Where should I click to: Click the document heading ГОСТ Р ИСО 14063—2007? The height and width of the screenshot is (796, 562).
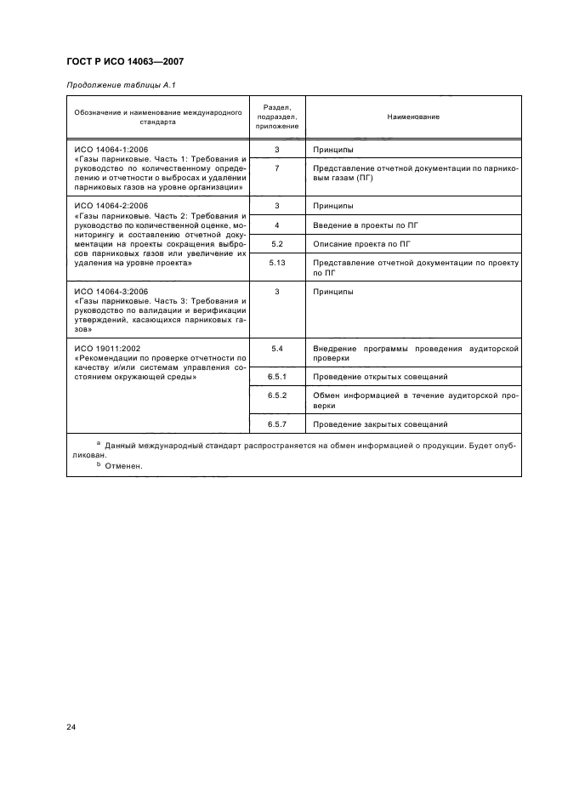coord(126,62)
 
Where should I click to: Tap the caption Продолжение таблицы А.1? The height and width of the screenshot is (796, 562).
coord(121,85)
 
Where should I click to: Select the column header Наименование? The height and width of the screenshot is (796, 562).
coord(413,117)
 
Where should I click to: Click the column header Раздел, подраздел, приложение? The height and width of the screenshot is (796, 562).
coord(277,117)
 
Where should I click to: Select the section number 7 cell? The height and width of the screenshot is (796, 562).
coord(277,169)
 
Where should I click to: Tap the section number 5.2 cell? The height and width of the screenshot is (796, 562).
coord(277,244)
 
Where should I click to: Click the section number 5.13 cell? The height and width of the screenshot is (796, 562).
coord(277,264)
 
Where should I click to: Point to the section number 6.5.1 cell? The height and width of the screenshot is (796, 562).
coord(277,376)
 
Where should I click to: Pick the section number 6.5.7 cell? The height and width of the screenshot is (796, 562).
coord(277,424)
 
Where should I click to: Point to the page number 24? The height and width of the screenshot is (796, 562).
coord(71,726)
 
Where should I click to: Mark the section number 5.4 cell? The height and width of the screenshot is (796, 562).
coord(277,349)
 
